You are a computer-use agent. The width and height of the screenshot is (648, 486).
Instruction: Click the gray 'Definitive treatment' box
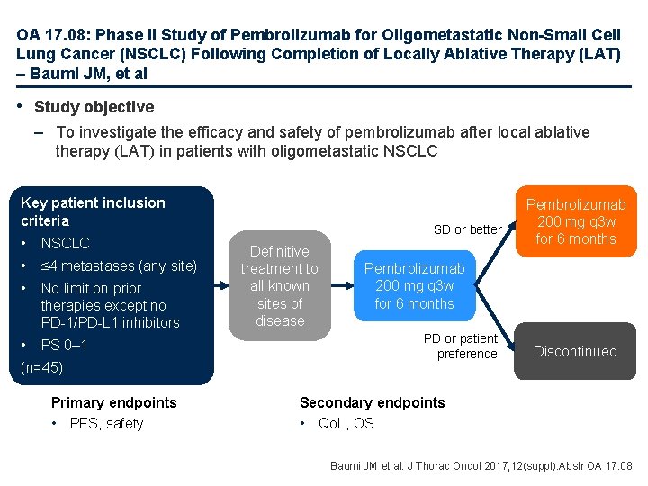click(280, 286)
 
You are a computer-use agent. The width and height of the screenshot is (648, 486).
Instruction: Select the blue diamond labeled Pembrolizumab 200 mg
click(414, 286)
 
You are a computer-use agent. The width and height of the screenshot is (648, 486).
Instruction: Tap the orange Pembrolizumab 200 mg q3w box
click(575, 220)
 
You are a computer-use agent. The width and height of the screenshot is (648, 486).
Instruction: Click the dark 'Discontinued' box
click(575, 351)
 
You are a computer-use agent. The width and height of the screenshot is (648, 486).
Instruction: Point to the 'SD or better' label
click(467, 229)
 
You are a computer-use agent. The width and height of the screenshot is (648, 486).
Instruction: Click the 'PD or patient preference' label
click(461, 346)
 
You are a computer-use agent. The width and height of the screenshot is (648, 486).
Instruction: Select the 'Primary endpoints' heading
click(114, 402)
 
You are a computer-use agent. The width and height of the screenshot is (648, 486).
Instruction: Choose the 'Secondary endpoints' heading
click(372, 402)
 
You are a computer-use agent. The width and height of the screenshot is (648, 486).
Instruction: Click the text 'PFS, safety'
click(106, 424)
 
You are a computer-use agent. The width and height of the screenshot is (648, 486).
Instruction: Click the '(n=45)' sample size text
click(41, 367)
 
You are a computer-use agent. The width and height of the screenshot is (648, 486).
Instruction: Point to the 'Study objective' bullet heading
click(94, 107)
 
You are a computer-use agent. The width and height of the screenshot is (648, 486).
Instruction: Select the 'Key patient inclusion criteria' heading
click(93, 211)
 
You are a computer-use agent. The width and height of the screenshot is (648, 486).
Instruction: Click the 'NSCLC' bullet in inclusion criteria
click(66, 243)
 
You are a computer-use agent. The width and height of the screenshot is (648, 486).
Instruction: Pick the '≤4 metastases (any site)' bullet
click(118, 265)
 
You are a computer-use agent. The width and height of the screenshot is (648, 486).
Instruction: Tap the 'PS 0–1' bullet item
click(64, 345)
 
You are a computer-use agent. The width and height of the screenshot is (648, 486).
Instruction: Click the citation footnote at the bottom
click(481, 466)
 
